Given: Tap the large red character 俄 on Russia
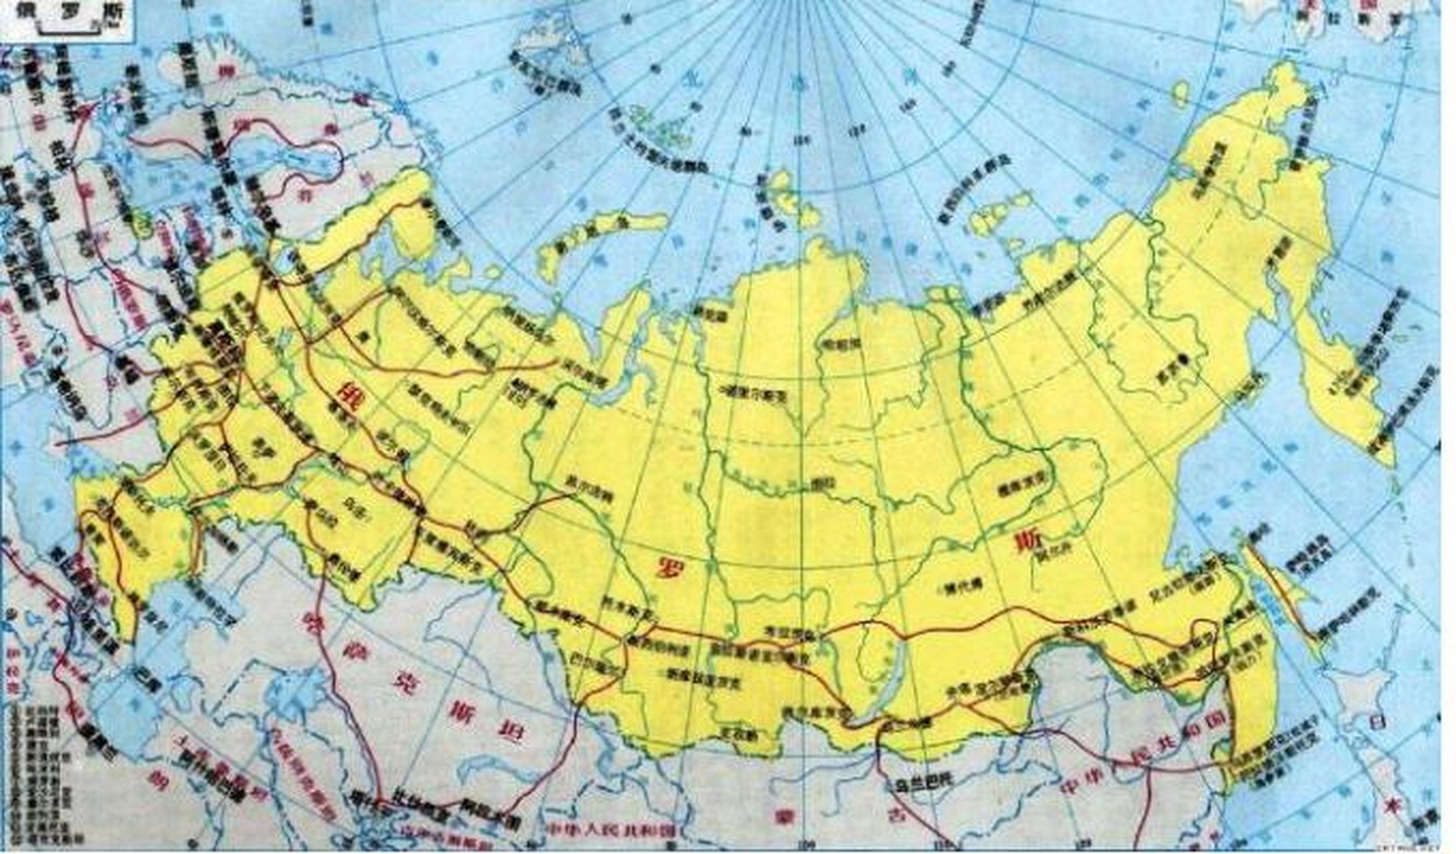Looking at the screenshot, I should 348,392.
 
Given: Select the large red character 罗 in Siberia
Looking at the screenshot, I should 667,568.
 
